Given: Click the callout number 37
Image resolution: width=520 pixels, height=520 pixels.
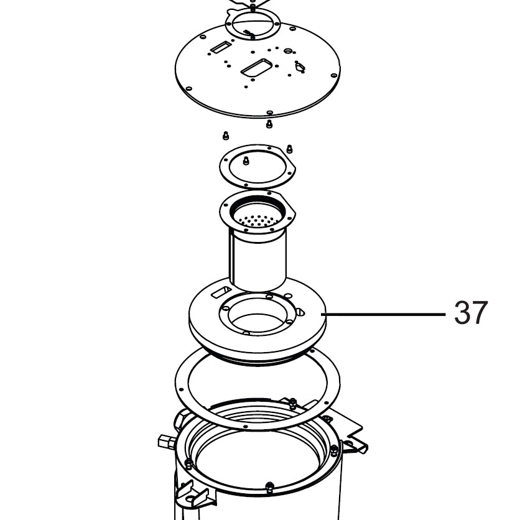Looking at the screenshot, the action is (471, 313).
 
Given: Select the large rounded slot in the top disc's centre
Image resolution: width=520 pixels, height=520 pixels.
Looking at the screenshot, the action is (256, 68).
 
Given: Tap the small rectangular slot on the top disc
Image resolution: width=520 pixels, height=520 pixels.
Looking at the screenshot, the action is (219, 47).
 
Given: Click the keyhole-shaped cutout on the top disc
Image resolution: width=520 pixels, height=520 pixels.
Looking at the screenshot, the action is (299, 67).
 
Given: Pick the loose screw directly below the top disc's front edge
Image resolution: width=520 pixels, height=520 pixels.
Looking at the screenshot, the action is (269, 124).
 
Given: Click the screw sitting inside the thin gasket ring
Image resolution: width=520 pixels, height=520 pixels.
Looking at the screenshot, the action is (246, 160).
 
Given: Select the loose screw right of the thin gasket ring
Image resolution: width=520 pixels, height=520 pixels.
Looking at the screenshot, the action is (289, 149).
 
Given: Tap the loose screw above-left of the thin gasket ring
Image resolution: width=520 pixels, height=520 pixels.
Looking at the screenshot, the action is (226, 136).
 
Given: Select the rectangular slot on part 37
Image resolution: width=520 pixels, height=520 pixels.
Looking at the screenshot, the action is (221, 292).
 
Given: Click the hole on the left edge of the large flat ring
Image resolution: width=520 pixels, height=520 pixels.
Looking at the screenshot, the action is (181, 389).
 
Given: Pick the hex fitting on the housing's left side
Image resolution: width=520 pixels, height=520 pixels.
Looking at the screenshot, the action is (165, 442).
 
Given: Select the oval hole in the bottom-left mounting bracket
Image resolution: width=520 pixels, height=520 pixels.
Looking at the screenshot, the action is (190, 498).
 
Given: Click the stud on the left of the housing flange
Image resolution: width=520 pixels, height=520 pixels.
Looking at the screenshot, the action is (188, 464).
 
